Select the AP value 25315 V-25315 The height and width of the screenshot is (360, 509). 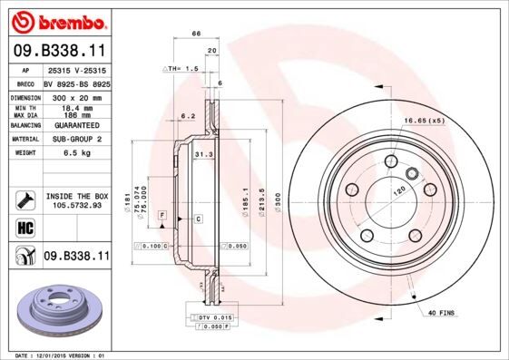click(x=75, y=70)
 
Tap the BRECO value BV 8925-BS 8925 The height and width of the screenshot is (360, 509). click(x=75, y=82)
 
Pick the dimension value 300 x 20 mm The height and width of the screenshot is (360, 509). click(x=75, y=96)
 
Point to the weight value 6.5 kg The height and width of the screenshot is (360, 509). click(x=75, y=153)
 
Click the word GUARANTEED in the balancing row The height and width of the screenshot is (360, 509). click(x=75, y=124)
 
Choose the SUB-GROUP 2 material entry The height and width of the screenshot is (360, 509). click(x=75, y=139)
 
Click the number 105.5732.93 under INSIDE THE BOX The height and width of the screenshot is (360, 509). click(x=77, y=205)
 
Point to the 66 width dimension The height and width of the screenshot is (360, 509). click(x=195, y=34)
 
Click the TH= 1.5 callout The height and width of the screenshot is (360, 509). click(x=180, y=69)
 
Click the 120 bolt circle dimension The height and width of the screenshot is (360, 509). click(x=396, y=192)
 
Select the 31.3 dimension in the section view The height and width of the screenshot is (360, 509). click(x=203, y=155)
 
